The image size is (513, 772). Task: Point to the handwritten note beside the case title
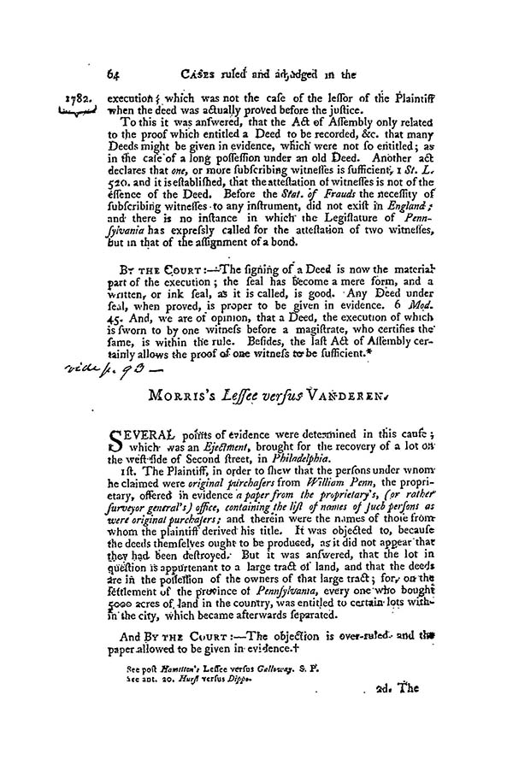tap(102, 370)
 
